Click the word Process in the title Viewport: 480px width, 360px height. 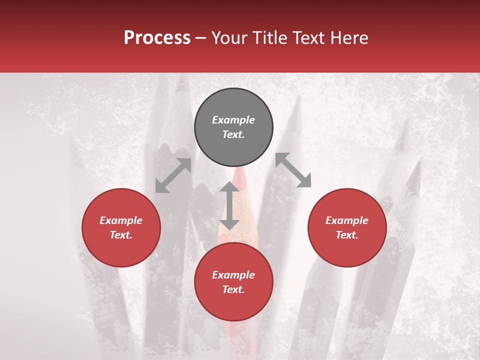tap(157, 38)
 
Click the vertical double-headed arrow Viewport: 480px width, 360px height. tap(229, 205)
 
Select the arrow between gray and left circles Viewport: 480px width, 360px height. tap(173, 175)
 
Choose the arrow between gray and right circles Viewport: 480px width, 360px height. tap(293, 170)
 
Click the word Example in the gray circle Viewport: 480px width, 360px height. tap(233, 120)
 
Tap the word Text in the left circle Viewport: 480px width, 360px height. tap(121, 235)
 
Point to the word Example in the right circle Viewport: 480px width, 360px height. tap(347, 220)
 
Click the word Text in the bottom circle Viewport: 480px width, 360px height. tap(233, 289)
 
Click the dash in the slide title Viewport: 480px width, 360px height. tap(201, 38)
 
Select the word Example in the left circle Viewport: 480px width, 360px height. tap(121, 220)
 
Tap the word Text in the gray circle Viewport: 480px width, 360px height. tap(233, 134)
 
